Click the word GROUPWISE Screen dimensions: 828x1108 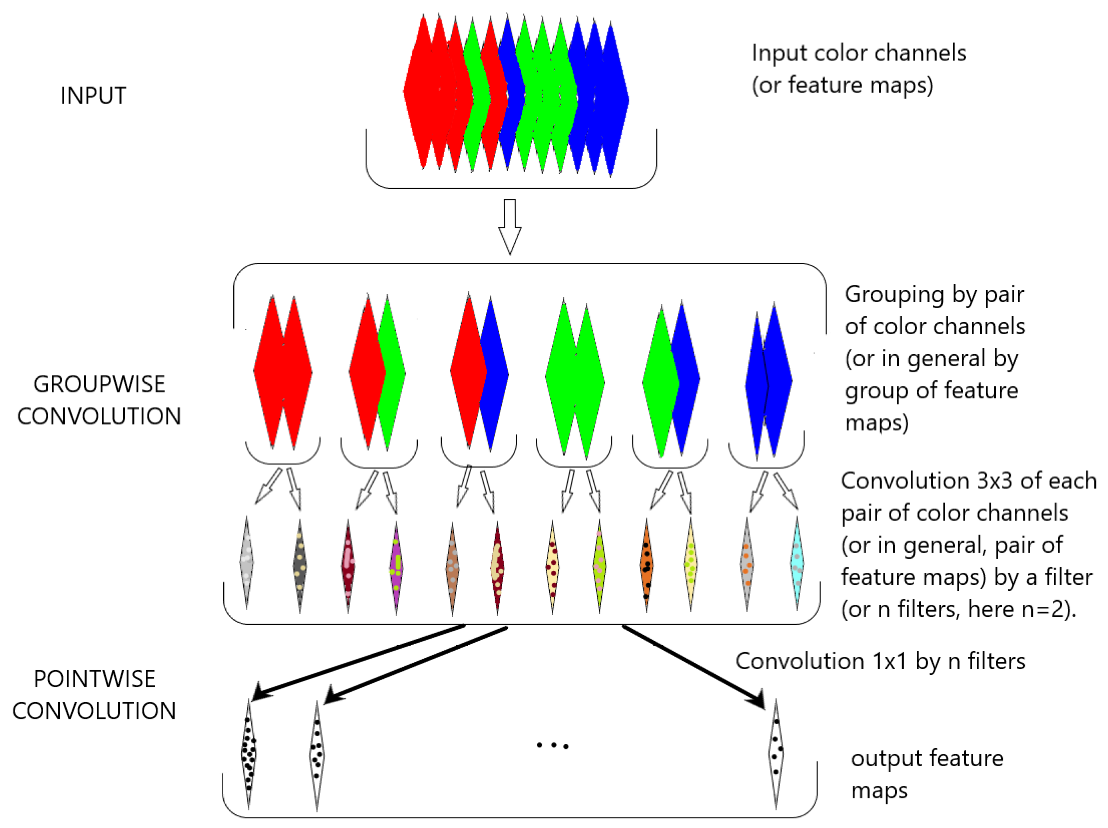coord(99,385)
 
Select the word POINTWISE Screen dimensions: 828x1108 coord(94,679)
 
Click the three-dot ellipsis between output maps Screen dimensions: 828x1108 coord(552,746)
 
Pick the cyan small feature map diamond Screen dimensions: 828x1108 coord(797,563)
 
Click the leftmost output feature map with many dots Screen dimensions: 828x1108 coord(249,754)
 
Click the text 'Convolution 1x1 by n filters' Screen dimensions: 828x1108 coord(880,661)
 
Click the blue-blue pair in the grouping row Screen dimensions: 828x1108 coord(768,381)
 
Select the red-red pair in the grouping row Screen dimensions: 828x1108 coord(283,373)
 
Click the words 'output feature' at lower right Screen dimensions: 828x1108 coord(927,758)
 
